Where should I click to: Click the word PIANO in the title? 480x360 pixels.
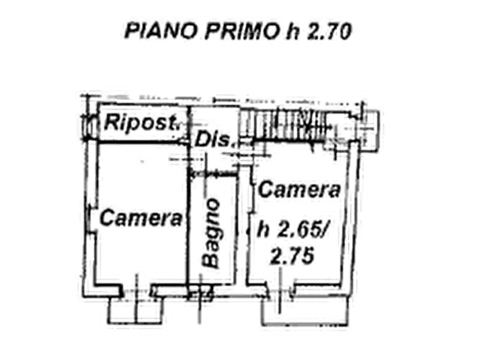[161, 31]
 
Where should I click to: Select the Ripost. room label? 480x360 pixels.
[142, 123]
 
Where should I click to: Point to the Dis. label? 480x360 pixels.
[214, 139]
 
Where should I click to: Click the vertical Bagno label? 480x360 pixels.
[212, 234]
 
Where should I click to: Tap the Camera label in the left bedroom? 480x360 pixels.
[141, 218]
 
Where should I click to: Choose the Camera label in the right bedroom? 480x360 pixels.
[299, 189]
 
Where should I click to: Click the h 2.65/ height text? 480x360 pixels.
[292, 229]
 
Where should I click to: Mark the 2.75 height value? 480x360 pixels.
[292, 256]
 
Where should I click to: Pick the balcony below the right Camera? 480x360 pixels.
[305, 311]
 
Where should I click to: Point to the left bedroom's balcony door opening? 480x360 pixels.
[137, 291]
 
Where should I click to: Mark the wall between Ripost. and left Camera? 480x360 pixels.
[143, 142]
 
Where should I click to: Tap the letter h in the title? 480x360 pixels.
[292, 31]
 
